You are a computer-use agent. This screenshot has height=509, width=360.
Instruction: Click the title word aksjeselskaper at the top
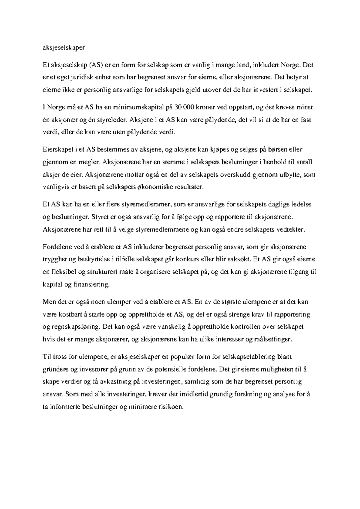coord(64,47)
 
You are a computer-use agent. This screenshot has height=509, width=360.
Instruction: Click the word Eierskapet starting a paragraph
coord(57,149)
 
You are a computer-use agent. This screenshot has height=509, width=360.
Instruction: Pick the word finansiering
coord(91,285)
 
